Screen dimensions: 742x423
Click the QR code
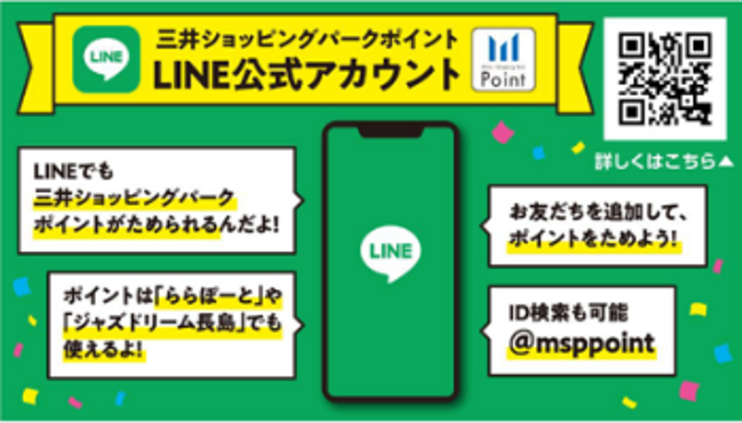click(x=665, y=78)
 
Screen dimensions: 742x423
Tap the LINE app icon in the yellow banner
click(x=106, y=59)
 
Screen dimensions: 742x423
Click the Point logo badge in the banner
click(x=503, y=60)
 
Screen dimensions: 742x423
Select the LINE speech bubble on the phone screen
click(x=390, y=252)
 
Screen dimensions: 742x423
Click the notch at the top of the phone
click(x=391, y=132)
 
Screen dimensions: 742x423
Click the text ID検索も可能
click(x=568, y=313)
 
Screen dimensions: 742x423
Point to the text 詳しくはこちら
click(x=655, y=162)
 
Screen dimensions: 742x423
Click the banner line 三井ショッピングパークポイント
click(x=307, y=40)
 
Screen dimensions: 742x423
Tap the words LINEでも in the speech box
click(x=73, y=171)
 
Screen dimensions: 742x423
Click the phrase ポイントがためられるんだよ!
click(x=156, y=226)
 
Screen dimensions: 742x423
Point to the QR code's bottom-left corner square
click(x=631, y=112)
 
